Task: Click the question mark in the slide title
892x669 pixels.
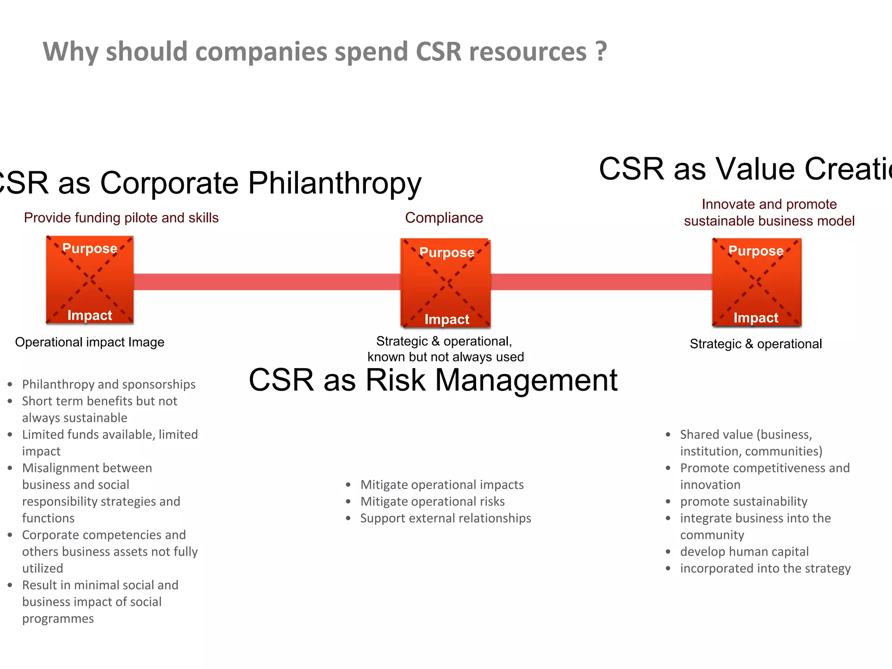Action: [x=601, y=51]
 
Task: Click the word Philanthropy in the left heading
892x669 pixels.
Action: [x=334, y=183]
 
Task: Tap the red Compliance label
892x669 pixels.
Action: [x=444, y=218]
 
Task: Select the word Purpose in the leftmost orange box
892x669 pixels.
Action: [x=90, y=248]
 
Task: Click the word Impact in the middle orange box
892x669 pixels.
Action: [x=447, y=319]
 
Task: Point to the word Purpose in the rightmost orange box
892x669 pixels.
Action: [x=756, y=251]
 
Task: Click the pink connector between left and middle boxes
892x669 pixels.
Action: [x=267, y=282]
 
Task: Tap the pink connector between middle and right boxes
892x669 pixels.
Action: [x=601, y=282]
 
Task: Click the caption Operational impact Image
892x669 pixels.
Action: [x=90, y=342]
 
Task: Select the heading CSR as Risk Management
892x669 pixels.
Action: [x=433, y=380]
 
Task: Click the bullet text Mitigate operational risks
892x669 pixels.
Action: [x=432, y=502]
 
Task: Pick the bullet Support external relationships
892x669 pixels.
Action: [x=446, y=518]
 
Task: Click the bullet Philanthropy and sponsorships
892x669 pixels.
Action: [x=108, y=384]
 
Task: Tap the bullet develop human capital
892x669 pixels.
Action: [x=744, y=552]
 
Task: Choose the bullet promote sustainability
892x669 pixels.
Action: [x=743, y=502]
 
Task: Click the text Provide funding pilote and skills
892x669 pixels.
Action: [x=121, y=218]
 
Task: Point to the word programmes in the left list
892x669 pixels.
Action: [x=58, y=618]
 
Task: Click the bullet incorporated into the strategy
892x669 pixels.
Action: [x=765, y=568]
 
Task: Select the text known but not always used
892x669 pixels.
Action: [x=446, y=357]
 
